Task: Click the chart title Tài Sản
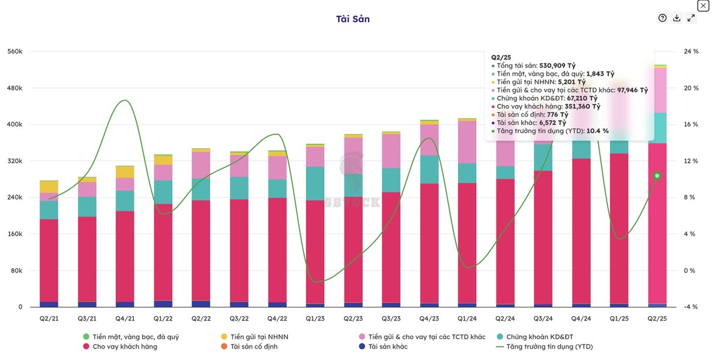[x=353, y=19]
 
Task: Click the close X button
[x=703, y=5]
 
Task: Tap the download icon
[x=677, y=18]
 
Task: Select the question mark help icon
[x=662, y=18]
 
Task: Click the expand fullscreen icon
[x=691, y=18]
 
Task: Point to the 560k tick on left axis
[x=15, y=52]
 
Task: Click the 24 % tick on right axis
[x=691, y=52]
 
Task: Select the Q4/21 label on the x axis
[x=125, y=319]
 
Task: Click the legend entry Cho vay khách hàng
[x=124, y=346]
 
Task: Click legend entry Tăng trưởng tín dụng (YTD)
[x=549, y=346]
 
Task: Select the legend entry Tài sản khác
[x=396, y=346]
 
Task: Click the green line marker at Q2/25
[x=657, y=176]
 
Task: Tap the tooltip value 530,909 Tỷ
[x=557, y=65]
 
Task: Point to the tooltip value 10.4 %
[x=597, y=131]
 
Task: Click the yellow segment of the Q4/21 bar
[x=125, y=172]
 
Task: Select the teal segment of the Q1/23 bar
[x=315, y=184]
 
